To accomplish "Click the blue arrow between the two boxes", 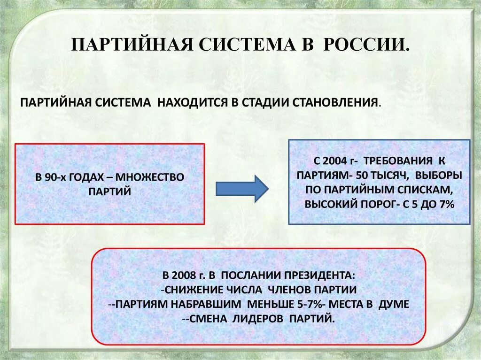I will point(241,188).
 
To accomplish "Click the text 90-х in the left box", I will point(57,177).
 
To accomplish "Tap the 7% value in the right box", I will point(447,204).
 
